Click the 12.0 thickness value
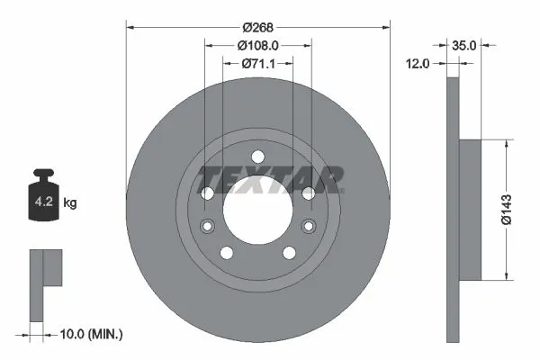[x=418, y=64]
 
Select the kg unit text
[x=69, y=203]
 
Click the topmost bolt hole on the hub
[x=257, y=156]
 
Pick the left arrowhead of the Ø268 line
[x=130, y=24]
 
